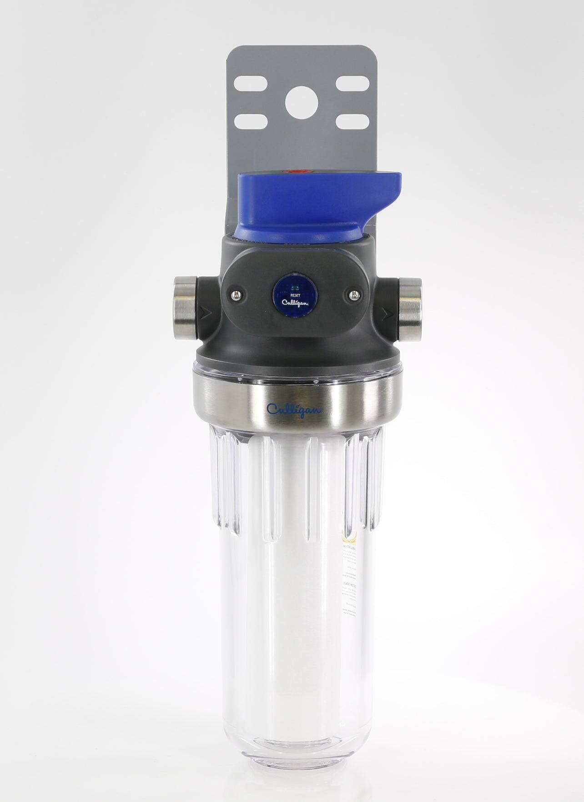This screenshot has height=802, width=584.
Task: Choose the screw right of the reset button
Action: (353, 295)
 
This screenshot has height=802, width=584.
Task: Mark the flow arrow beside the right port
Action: (387, 313)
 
